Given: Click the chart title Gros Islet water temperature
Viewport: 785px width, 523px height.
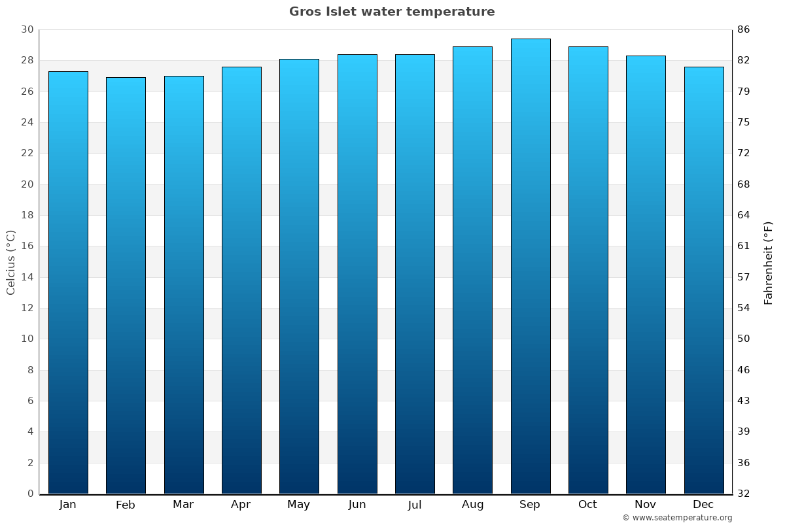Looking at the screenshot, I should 392,12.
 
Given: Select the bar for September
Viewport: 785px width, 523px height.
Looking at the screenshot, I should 530,266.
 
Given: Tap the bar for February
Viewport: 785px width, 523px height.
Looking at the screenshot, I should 126,286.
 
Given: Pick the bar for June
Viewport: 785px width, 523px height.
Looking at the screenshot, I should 357,274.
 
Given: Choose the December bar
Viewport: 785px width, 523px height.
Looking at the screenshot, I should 703,280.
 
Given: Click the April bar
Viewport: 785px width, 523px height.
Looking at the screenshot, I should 241,280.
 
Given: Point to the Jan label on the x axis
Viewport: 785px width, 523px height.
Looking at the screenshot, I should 67,505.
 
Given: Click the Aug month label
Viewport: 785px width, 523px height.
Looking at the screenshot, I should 472,505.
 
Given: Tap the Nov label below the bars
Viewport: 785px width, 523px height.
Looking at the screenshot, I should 646,505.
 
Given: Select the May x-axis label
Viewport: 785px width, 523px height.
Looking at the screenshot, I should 299,505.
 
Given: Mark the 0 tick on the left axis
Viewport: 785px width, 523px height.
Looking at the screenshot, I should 30,494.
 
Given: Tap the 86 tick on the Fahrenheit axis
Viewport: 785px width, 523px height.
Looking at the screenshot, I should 744,29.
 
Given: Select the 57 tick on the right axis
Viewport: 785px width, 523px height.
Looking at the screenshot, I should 744,277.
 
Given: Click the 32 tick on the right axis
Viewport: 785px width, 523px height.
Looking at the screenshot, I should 744,494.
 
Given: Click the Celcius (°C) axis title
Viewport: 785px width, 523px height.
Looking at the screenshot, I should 10,262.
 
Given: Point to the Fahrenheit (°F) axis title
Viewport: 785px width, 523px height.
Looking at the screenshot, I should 769,262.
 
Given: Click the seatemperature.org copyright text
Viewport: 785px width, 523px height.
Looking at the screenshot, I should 677,518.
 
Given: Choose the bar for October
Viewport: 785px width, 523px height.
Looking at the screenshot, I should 588,270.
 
